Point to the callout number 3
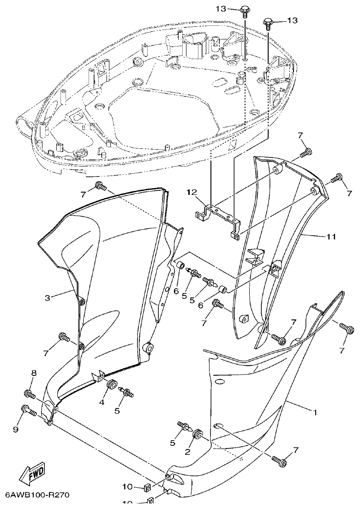click(48, 298)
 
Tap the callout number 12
click(192, 192)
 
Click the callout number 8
click(33, 373)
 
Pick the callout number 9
click(16, 430)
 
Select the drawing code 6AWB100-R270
click(37, 495)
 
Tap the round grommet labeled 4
click(111, 384)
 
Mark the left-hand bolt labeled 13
click(245, 11)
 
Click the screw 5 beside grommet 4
click(126, 392)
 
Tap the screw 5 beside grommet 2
click(183, 426)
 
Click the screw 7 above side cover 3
click(100, 186)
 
